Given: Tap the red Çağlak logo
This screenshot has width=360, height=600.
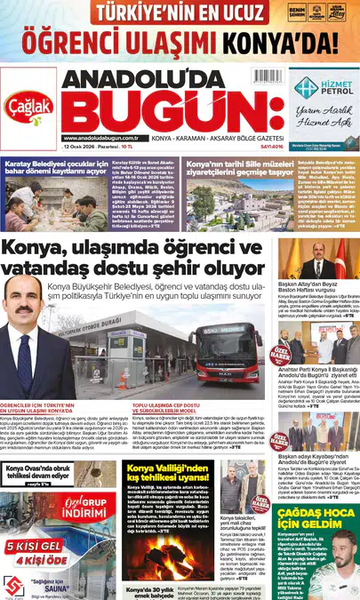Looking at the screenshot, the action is [x=28, y=102].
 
